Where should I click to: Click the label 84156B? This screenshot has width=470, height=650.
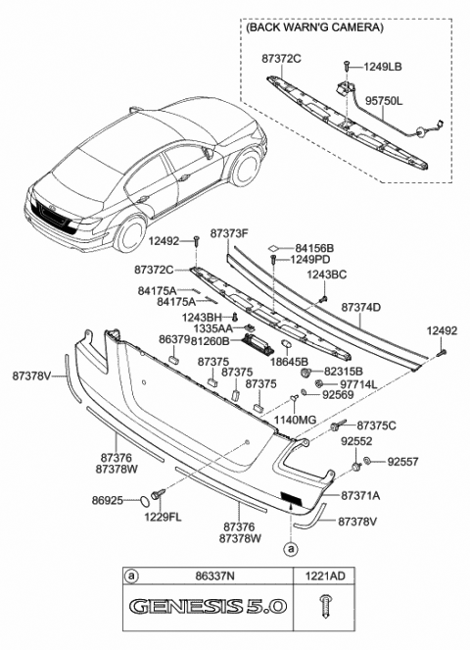click(314, 248)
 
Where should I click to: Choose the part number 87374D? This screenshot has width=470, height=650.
click(361, 307)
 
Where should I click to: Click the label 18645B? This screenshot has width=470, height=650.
click(290, 361)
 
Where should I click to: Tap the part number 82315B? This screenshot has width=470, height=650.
click(343, 373)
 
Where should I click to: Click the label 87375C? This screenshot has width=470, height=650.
click(376, 425)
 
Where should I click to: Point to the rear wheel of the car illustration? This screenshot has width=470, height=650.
click(128, 234)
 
